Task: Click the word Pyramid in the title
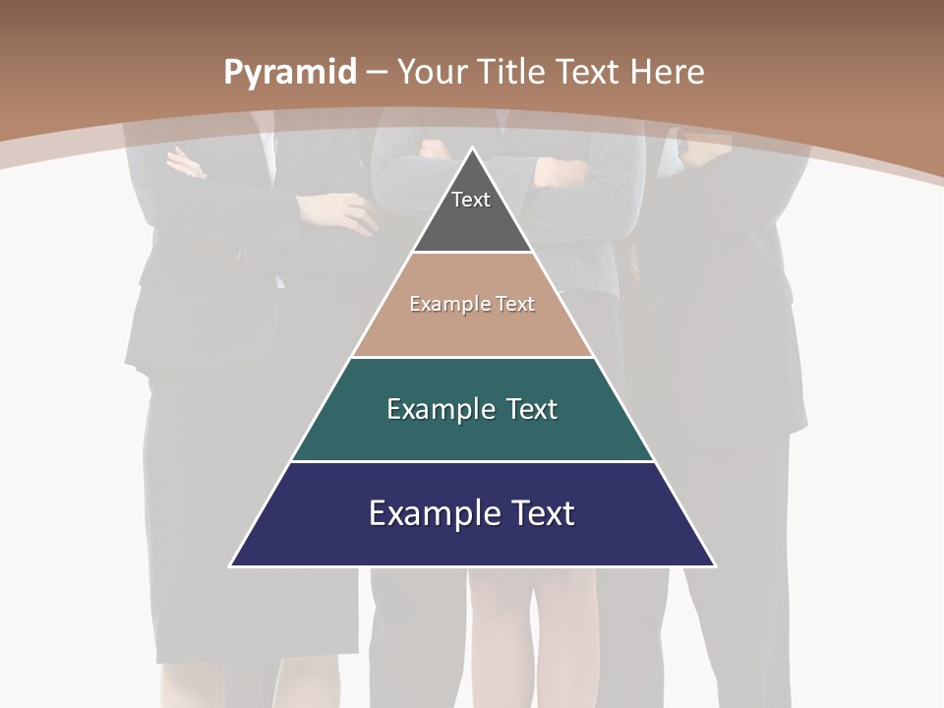click(x=289, y=73)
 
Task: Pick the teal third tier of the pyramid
click(x=472, y=433)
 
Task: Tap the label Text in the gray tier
click(x=471, y=200)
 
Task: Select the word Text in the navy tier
click(x=539, y=513)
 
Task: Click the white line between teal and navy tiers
click(x=472, y=461)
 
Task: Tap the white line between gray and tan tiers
click(x=472, y=252)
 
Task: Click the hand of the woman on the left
click(x=344, y=209)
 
